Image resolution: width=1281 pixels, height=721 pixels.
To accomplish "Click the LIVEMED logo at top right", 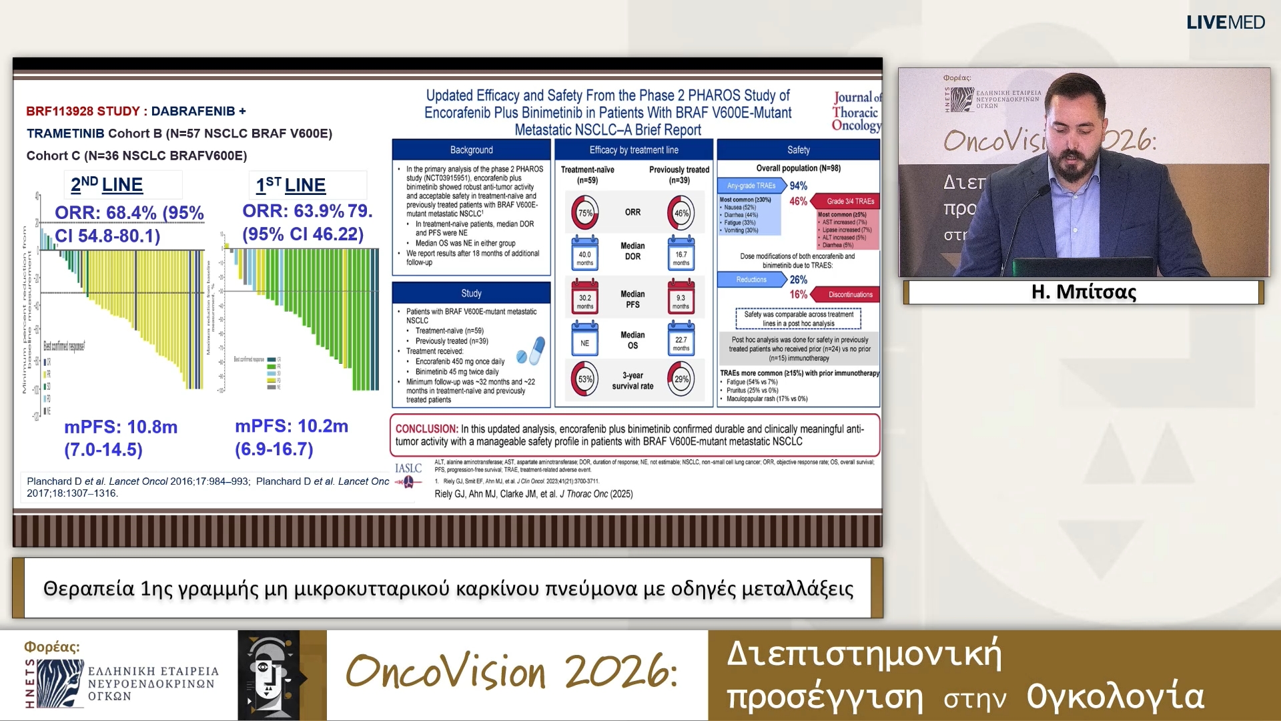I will pos(1225,22).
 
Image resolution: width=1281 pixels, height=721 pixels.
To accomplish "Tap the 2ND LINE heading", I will pos(107,184).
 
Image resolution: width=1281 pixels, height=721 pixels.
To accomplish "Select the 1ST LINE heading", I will pos(291,185).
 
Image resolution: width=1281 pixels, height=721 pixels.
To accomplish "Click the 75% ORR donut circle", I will pos(584,213).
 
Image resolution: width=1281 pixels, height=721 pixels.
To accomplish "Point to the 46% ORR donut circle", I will pos(681,213).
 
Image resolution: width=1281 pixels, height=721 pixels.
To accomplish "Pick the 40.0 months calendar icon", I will pos(584,254).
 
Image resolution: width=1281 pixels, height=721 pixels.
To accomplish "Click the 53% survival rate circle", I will pos(584,379).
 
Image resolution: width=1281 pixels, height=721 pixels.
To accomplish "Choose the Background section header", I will pos(471,150).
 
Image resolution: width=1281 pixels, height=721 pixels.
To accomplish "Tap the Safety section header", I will pos(798,150).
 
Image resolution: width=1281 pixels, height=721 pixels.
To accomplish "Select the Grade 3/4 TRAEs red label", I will pos(849,201).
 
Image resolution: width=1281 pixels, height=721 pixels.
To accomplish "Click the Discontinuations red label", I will pos(849,294).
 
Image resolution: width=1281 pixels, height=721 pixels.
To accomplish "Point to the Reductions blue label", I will pos(751,280).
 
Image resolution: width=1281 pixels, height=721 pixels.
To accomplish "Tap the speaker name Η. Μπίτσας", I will pos(1084,292).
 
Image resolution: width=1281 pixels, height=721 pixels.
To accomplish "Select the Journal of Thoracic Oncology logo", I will pos(856,111).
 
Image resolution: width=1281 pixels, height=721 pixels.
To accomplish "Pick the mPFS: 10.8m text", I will pos(121,427).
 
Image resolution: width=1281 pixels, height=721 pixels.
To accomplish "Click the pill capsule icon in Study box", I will pos(531,351).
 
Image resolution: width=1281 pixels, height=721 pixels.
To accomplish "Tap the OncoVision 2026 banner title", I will pos(512,672).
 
